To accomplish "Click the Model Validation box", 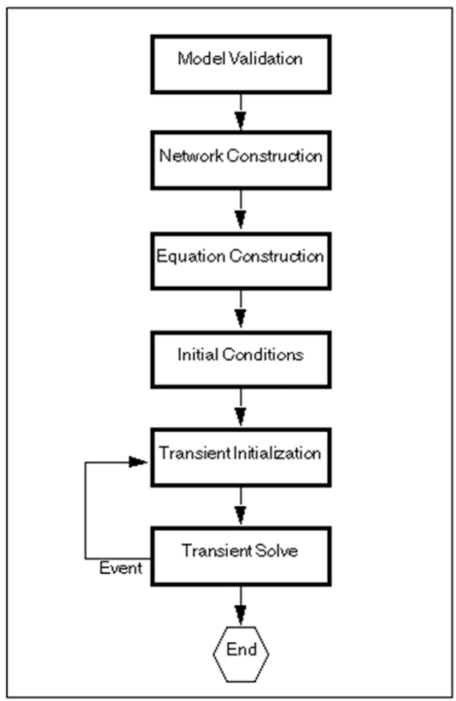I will point(241,64).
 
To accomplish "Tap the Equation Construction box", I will point(241,261).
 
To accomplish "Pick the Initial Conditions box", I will point(241,359).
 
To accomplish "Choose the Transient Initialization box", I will point(241,457).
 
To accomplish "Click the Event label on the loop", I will point(120,568).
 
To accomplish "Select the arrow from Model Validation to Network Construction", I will point(241,113).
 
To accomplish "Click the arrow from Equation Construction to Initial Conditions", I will point(241,311).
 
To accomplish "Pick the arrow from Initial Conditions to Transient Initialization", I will point(241,409).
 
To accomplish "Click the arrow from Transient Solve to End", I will point(241,606).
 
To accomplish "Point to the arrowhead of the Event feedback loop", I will point(138,462).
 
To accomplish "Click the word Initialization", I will point(277,453).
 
